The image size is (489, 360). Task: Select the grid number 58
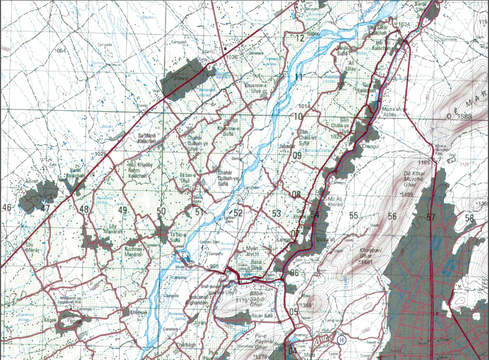(x=469, y=218)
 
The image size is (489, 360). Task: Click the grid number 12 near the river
(x=300, y=39)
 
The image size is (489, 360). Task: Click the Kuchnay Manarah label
(x=133, y=254)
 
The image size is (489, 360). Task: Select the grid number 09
(x=297, y=156)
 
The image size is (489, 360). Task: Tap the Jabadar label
(x=286, y=147)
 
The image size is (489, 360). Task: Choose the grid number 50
(x=161, y=211)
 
